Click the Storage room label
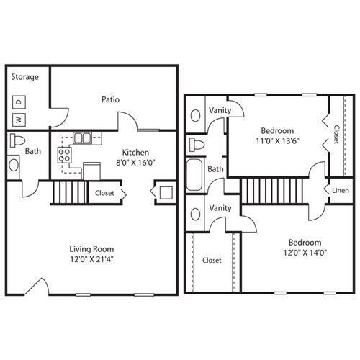pyautogui.click(x=25, y=77)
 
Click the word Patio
pyautogui.click(x=110, y=100)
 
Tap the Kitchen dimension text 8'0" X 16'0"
pyautogui.click(x=135, y=163)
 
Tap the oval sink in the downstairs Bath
pyautogui.click(x=15, y=165)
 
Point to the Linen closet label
pyautogui.click(x=340, y=190)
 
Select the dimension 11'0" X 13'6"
pyautogui.click(x=276, y=142)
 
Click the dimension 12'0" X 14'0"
pyautogui.click(x=305, y=253)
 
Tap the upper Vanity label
pyautogui.click(x=220, y=110)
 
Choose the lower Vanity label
pyautogui.click(x=220, y=208)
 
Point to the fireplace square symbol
pyautogui.click(x=163, y=193)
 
